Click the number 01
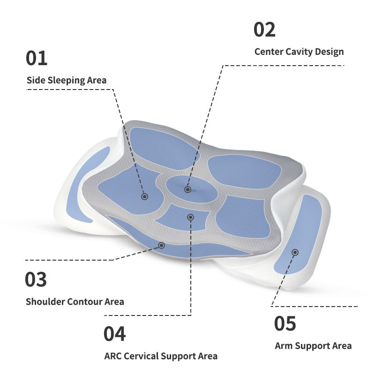(37, 58)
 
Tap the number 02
(264, 30)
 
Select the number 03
(36, 279)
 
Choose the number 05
(285, 323)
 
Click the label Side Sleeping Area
(67, 80)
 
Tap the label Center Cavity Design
(299, 52)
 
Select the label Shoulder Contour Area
(75, 301)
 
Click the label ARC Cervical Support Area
(161, 356)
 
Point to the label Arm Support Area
(313, 346)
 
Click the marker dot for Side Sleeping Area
(144, 196)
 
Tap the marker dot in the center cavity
(188, 190)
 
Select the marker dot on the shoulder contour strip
(161, 245)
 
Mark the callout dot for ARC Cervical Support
(190, 217)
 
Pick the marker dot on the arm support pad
(295, 252)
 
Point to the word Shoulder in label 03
(45, 301)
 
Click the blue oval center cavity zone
(192, 189)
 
